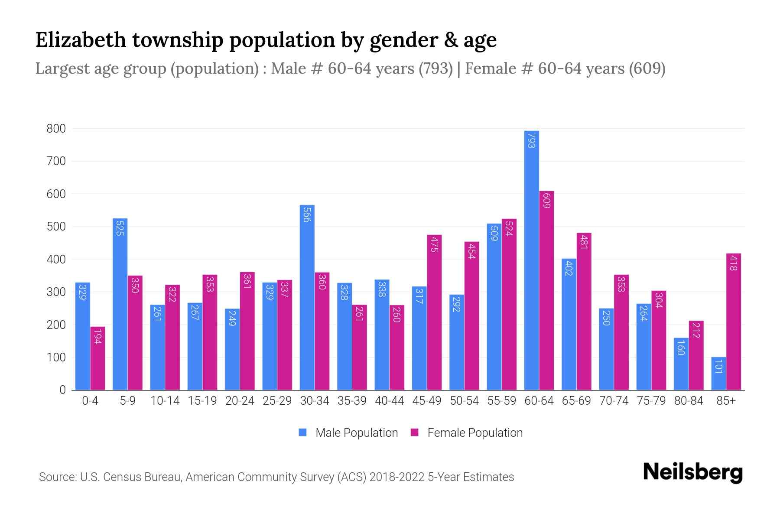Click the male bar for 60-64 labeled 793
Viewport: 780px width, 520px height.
coord(531,260)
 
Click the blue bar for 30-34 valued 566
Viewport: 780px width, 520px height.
coord(307,297)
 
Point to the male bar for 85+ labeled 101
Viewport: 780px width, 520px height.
coord(718,374)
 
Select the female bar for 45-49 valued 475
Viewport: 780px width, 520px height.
coord(434,312)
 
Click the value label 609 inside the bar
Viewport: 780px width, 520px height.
coord(546,201)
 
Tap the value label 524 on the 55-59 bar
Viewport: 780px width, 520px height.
coord(509,228)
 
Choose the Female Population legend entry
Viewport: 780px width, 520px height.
coord(467,433)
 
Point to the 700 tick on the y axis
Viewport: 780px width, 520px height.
coord(56,161)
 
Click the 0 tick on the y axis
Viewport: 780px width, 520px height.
coord(63,390)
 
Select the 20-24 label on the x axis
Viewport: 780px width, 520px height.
coord(240,401)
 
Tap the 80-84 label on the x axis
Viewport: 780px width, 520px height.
coord(689,401)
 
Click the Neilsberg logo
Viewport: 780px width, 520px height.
coord(692,472)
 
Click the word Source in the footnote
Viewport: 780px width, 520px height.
coord(57,477)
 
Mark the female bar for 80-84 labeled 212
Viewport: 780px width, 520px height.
coord(696,355)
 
